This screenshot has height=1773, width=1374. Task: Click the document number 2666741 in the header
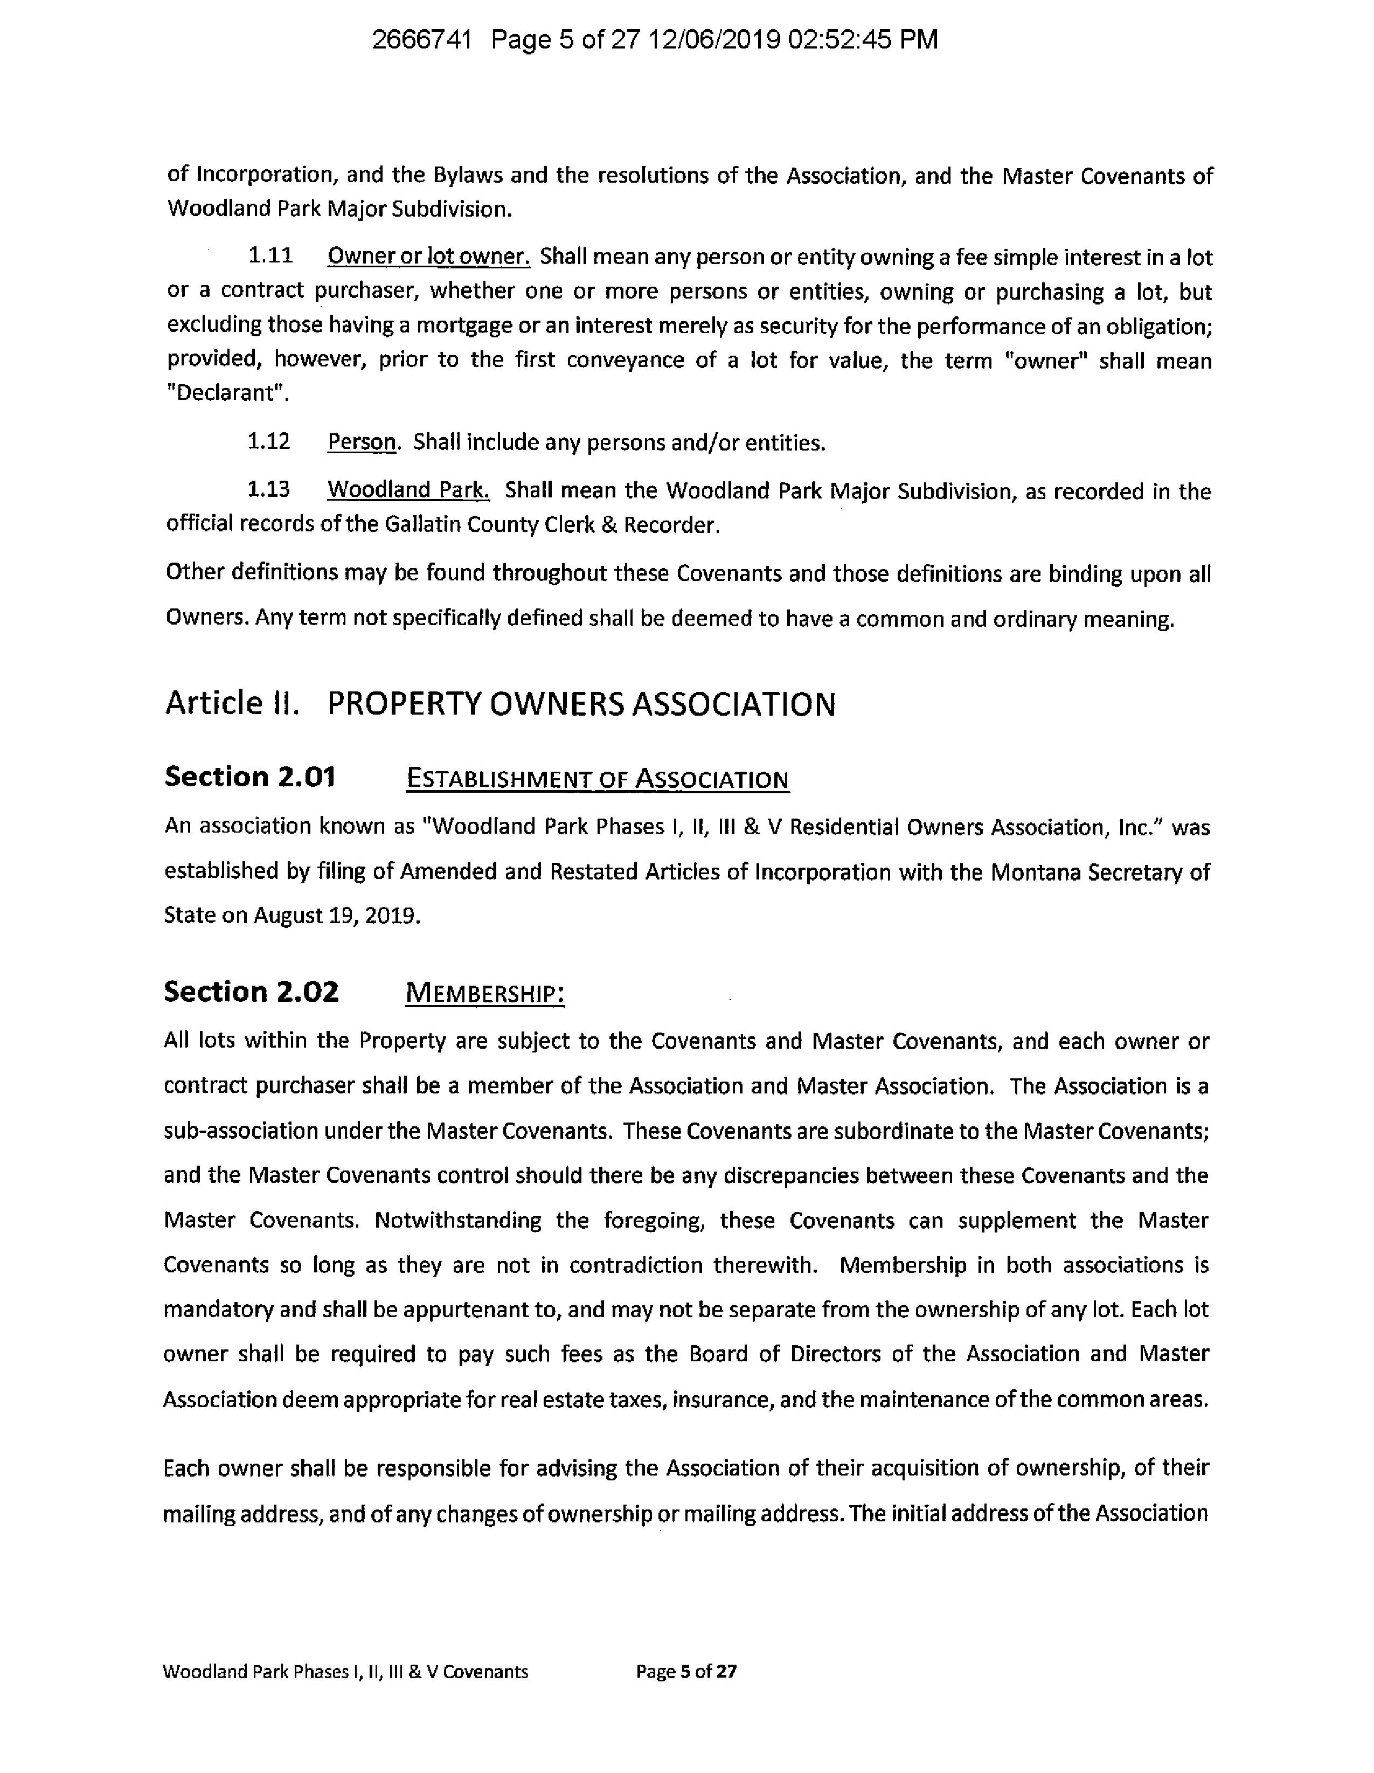421,40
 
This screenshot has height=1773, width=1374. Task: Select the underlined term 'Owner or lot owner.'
428,257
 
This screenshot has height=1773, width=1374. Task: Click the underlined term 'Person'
362,442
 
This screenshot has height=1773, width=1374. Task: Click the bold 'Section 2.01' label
250,777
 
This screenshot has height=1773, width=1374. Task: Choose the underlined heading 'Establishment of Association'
596,779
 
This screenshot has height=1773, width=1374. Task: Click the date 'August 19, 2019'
337,916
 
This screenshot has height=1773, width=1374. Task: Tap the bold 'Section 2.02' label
251,991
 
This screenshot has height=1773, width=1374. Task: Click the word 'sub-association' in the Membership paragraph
231,1131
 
